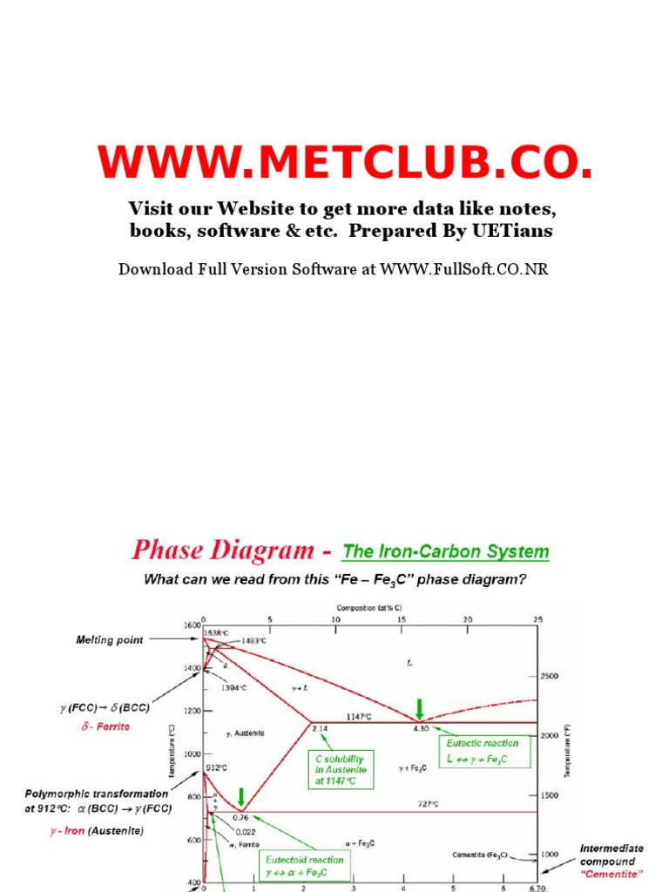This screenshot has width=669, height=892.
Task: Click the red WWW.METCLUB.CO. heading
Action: pyautogui.click(x=346, y=163)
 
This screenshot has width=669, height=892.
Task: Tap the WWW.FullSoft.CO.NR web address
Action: pyautogui.click(x=463, y=268)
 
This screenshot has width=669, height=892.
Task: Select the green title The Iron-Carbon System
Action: pyautogui.click(x=446, y=551)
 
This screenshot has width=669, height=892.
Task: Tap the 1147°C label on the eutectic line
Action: pyautogui.click(x=357, y=716)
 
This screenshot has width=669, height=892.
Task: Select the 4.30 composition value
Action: pyautogui.click(x=422, y=728)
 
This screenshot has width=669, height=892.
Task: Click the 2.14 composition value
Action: pyautogui.click(x=319, y=728)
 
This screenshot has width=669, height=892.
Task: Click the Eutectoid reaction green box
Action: pyautogui.click(x=303, y=866)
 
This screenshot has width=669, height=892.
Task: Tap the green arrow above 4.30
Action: pyautogui.click(x=421, y=707)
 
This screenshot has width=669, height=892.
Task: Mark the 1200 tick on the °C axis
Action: pyautogui.click(x=191, y=711)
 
